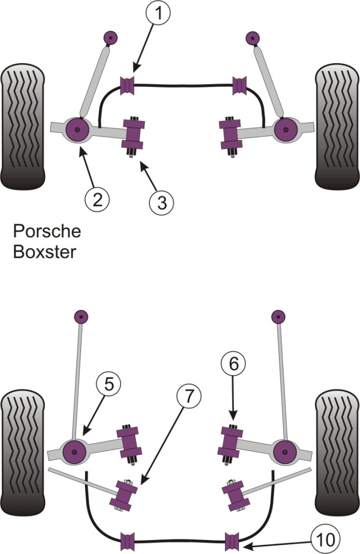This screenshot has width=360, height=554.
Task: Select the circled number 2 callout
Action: click(97, 200)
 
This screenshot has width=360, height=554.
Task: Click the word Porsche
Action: click(46, 232)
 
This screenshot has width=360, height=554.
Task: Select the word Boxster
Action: click(44, 251)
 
